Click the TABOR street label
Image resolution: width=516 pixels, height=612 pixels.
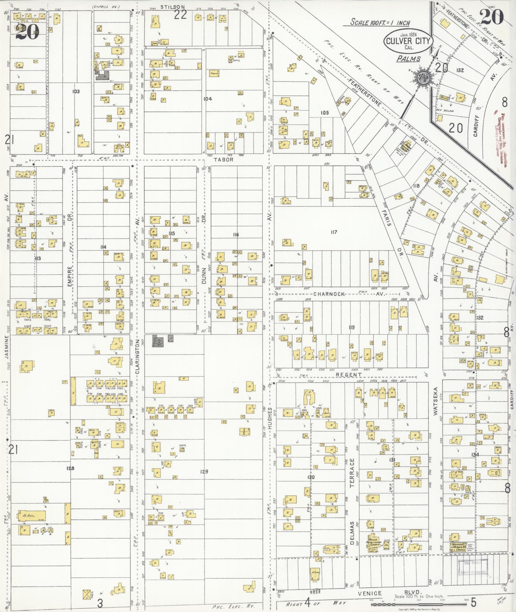[x=224, y=160]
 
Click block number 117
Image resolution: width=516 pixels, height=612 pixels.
[x=334, y=232]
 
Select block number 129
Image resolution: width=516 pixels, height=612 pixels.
[x=204, y=471]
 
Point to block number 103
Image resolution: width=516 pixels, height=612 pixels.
[x=76, y=91]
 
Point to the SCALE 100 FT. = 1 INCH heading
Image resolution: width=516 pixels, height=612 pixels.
[x=380, y=22]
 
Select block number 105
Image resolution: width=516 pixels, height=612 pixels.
[x=325, y=113]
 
